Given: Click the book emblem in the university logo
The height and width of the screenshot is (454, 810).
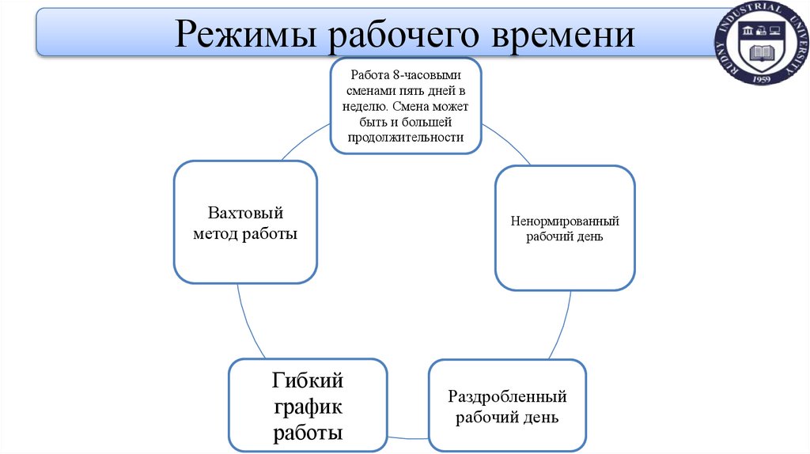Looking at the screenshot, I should pyautogui.click(x=763, y=54).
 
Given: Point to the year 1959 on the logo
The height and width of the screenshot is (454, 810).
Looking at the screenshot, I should pyautogui.click(x=763, y=79).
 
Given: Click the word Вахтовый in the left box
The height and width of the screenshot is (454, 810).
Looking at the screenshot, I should pyautogui.click(x=245, y=213).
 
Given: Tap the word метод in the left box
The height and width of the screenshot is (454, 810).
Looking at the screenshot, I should pyautogui.click(x=217, y=235).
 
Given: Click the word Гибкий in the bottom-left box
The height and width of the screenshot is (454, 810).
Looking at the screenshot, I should pyautogui.click(x=308, y=381).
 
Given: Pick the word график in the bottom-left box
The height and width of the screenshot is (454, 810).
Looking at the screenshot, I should pyautogui.click(x=308, y=407).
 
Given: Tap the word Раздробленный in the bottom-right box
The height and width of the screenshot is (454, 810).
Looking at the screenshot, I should pyautogui.click(x=507, y=396).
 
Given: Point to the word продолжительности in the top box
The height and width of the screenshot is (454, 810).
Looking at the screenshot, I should pyautogui.click(x=405, y=137).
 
